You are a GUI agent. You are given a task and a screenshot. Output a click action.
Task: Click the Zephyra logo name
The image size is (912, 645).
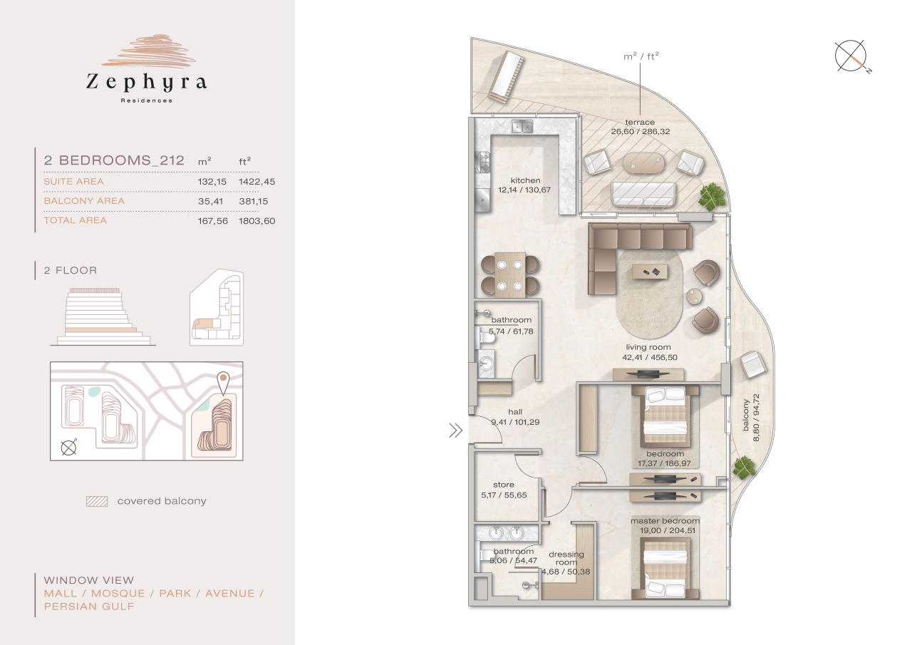click(x=146, y=83)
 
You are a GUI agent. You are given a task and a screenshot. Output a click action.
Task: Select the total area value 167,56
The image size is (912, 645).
click(x=212, y=221)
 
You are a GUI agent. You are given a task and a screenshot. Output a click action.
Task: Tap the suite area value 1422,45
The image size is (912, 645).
click(x=256, y=182)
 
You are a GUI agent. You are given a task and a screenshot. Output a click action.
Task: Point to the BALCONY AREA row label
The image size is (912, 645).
click(x=84, y=201)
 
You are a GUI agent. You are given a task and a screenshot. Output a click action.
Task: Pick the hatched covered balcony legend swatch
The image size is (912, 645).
click(x=96, y=501)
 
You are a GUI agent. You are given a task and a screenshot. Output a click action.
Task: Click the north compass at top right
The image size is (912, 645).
click(x=851, y=58)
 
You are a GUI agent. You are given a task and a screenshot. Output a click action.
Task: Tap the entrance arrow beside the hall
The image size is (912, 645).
click(x=455, y=430)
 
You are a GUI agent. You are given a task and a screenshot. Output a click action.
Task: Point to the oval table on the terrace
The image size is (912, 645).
click(x=647, y=163)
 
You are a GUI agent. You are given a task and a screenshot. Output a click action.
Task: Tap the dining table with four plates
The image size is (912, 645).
click(x=509, y=274)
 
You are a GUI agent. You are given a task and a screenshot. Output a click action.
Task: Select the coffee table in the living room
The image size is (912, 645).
click(x=651, y=271)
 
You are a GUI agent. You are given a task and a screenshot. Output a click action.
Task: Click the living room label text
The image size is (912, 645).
click(x=648, y=348)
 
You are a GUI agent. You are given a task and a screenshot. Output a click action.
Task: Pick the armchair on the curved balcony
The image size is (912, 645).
click(x=752, y=366)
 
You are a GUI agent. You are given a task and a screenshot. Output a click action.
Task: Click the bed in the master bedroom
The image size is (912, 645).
click(x=665, y=567)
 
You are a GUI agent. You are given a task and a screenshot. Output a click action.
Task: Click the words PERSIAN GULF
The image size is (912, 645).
click(x=88, y=607)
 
